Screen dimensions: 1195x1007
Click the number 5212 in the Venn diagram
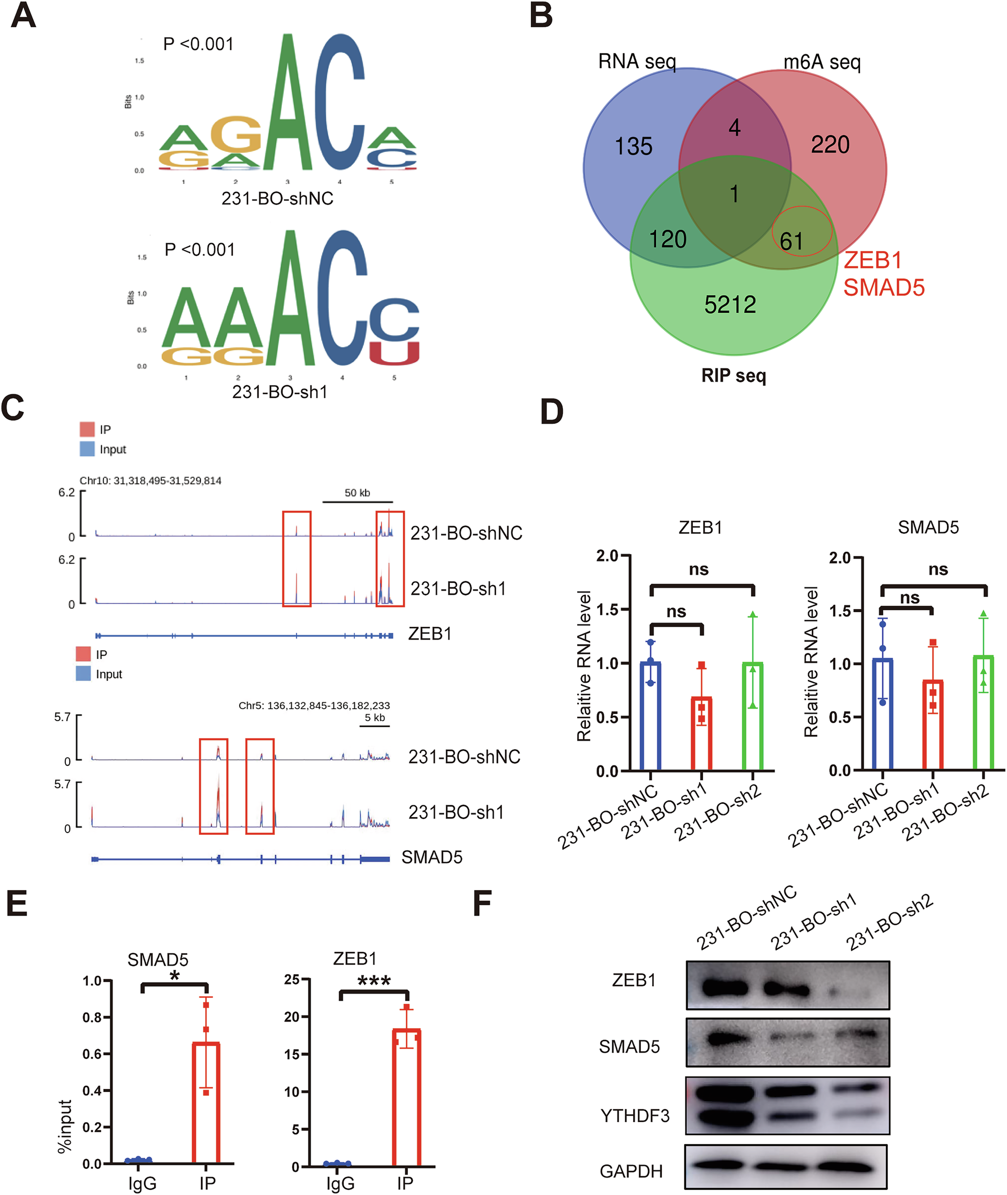(x=730, y=304)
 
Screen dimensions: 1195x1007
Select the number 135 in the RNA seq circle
(x=633, y=146)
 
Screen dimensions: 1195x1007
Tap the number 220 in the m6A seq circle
(x=830, y=144)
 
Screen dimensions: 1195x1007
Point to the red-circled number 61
(x=792, y=241)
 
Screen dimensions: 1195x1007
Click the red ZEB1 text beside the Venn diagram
(x=873, y=260)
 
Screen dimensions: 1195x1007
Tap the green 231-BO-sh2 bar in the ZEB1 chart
(x=753, y=717)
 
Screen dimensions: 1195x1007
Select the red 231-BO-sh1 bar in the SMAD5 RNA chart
(x=932, y=725)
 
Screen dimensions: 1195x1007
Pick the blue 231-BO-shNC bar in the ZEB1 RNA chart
(x=650, y=717)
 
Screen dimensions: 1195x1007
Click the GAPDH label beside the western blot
(x=631, y=1172)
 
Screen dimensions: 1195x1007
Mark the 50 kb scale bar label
(x=357, y=493)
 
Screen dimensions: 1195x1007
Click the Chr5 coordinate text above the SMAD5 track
(x=314, y=706)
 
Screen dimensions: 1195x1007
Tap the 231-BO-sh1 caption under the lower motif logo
(x=279, y=392)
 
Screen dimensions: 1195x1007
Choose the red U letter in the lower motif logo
(x=394, y=353)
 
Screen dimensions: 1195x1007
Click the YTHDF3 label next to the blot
(x=634, y=1115)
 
